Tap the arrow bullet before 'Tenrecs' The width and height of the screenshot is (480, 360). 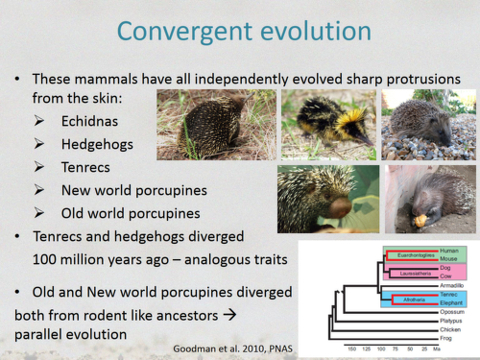point(39,166)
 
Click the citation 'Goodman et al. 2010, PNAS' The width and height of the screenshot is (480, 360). point(229,346)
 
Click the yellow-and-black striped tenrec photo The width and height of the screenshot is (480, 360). point(326,124)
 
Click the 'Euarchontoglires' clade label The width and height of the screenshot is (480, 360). point(396,254)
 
